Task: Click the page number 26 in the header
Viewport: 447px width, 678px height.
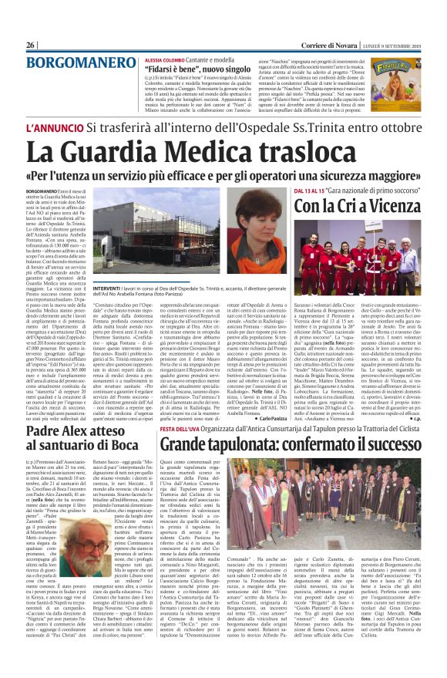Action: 31,46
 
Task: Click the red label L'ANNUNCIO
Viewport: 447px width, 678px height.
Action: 55,126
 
